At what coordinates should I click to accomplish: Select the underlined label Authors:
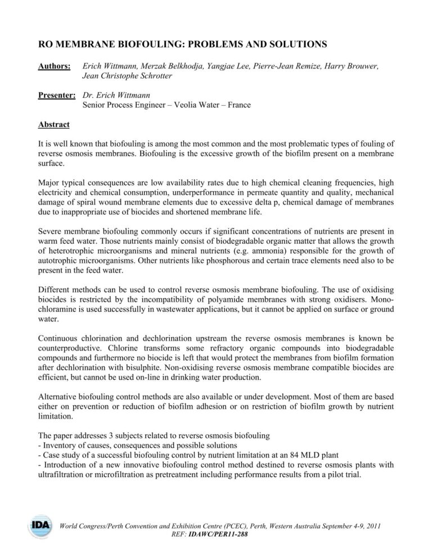pyautogui.click(x=54, y=66)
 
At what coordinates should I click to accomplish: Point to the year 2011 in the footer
pyautogui.click(x=371, y=527)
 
